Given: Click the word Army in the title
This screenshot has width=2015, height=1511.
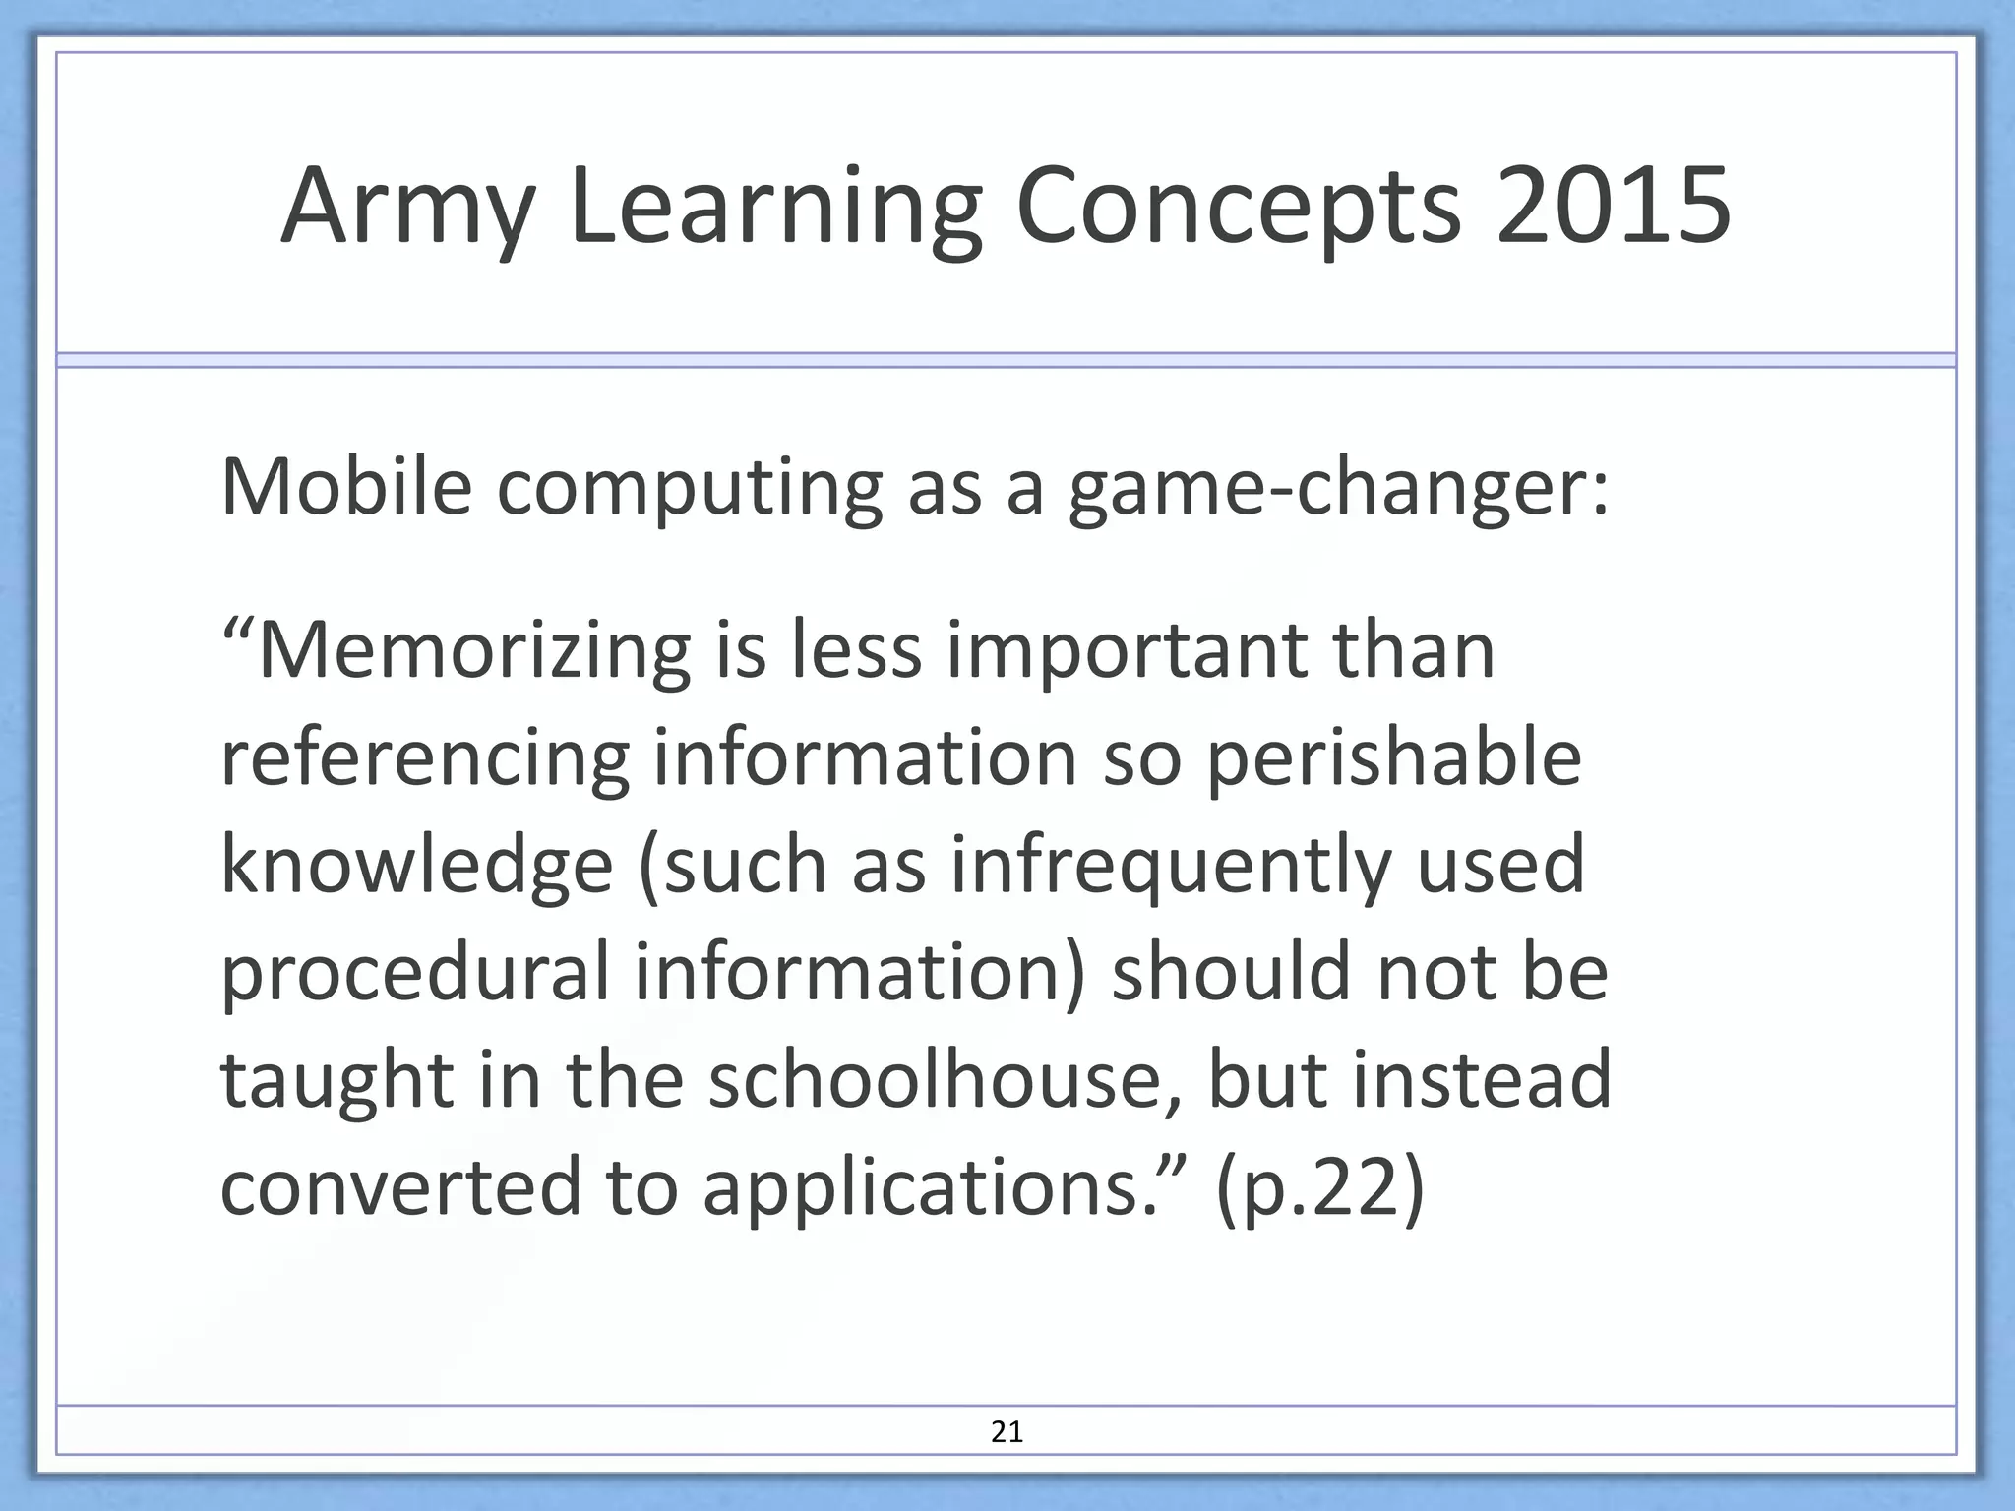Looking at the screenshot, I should (x=407, y=209).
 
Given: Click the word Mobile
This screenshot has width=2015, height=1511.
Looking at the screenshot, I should (x=346, y=486).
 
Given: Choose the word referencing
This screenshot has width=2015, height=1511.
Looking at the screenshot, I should (x=424, y=760).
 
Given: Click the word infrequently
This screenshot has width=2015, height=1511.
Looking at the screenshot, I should (x=1171, y=867).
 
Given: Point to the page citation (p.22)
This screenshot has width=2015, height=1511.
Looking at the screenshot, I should (x=1319, y=1188).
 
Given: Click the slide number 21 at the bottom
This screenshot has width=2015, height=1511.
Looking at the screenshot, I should (x=1007, y=1432).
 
